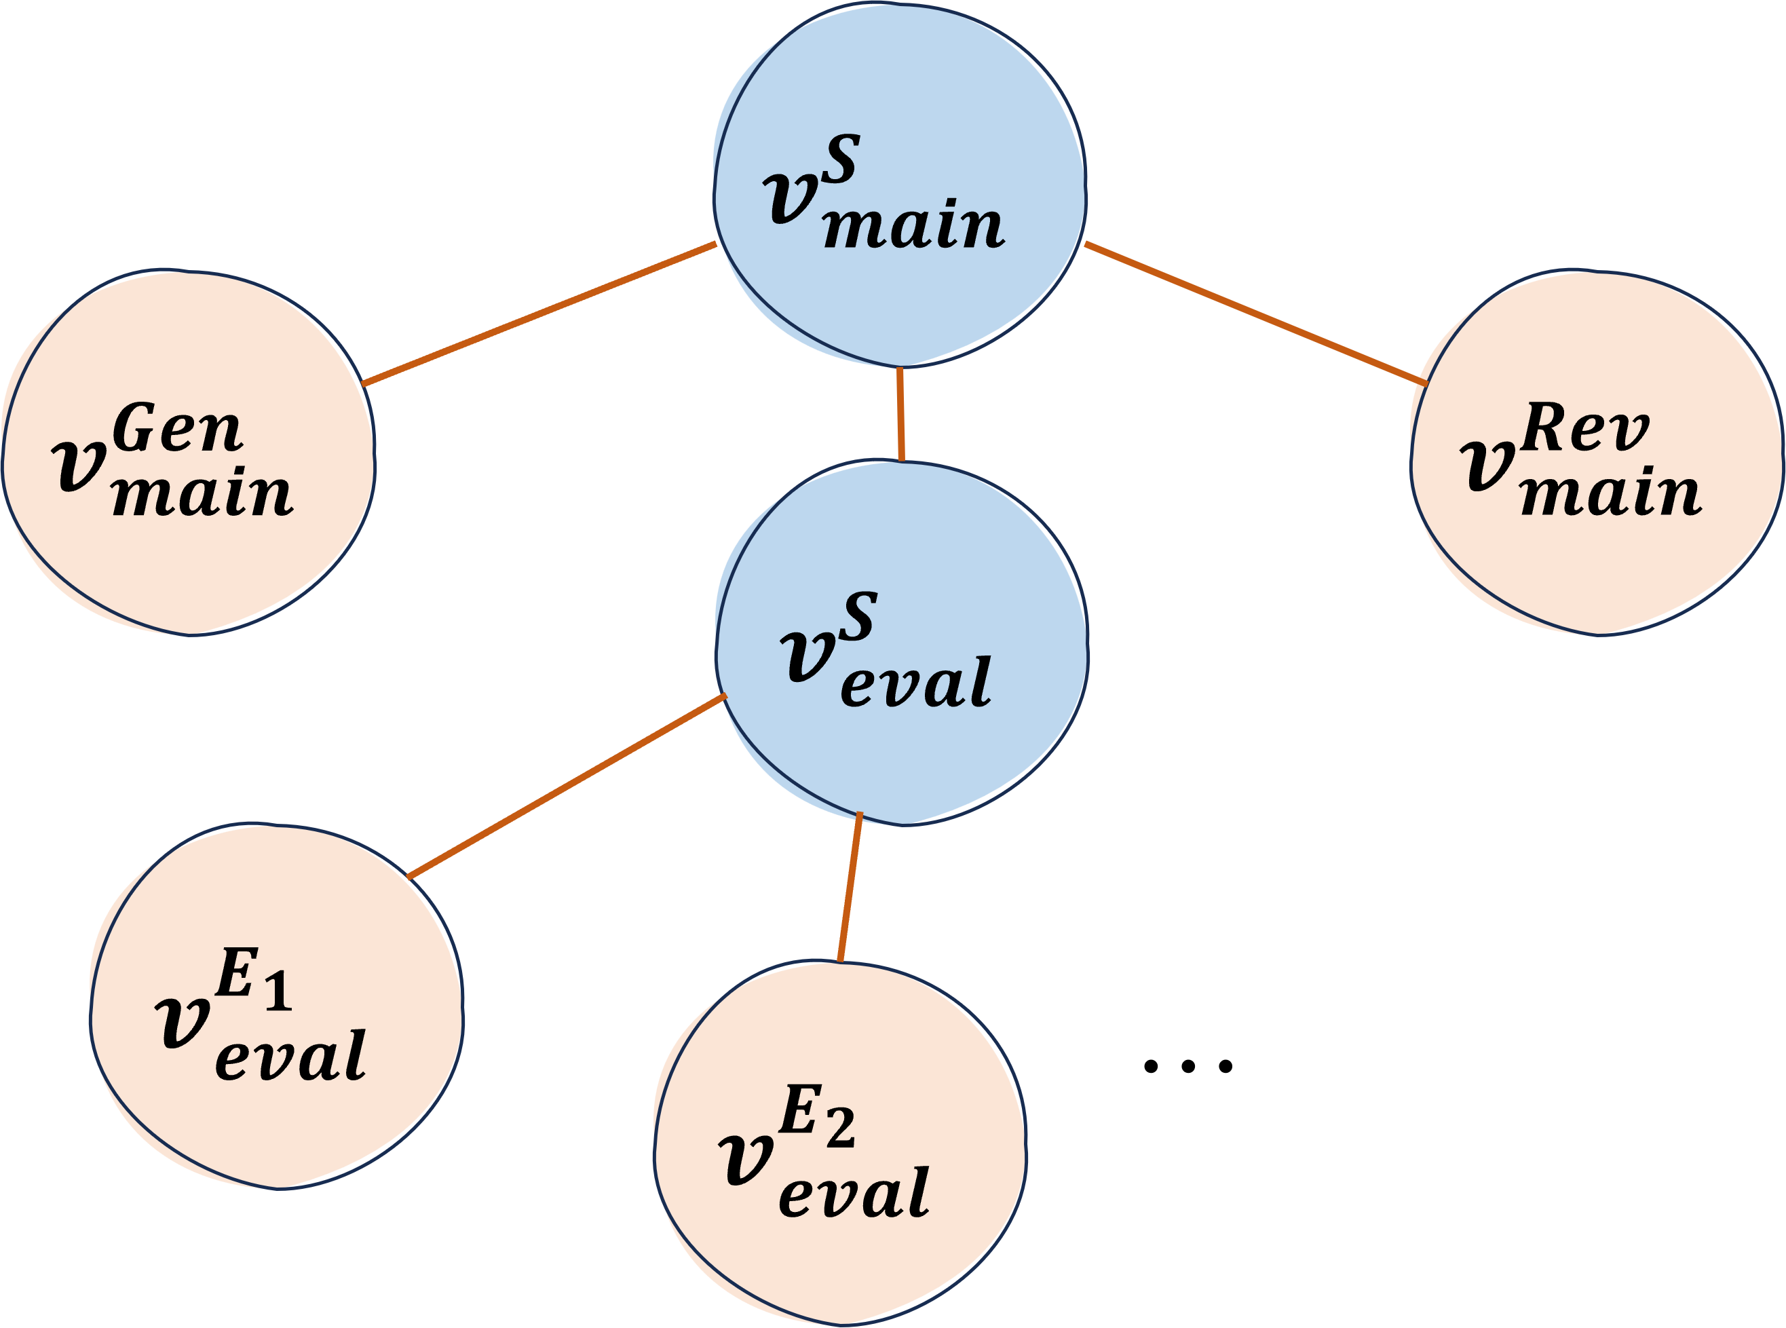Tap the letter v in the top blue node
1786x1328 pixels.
point(791,197)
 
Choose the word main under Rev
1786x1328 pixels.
point(1611,493)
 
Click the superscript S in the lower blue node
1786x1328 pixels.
point(858,617)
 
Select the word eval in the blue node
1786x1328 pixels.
point(915,683)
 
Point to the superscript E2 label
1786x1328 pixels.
point(816,1116)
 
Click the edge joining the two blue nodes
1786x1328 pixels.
point(900,414)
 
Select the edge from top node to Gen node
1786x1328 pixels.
point(540,314)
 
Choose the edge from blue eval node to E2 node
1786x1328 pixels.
point(850,887)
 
